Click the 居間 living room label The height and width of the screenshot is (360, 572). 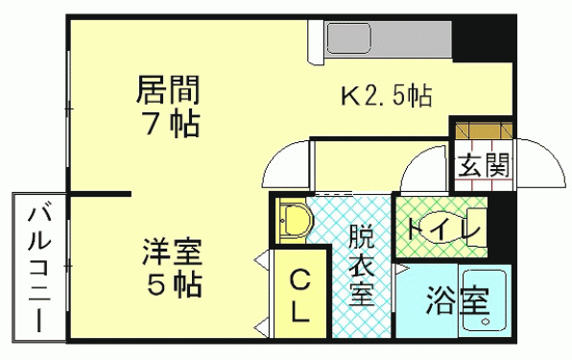click(168, 89)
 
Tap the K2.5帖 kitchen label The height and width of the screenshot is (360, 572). click(387, 96)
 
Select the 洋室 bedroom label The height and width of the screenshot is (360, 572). click(172, 252)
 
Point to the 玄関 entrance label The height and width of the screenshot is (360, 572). click(484, 165)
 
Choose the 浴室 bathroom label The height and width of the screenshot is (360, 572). click(458, 301)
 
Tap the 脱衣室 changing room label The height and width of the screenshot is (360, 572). click(362, 265)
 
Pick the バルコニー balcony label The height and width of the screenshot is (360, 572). click(38, 269)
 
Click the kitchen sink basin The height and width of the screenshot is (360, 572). click(349, 38)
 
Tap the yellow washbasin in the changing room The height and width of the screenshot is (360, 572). click(294, 221)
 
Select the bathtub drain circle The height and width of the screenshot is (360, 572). click(486, 322)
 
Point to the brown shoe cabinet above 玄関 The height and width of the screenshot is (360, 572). click(484, 131)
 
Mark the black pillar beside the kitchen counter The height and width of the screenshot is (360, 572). click(482, 40)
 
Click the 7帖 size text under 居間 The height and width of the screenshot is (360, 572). click(173, 123)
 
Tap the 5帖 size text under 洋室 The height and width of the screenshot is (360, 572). click(175, 284)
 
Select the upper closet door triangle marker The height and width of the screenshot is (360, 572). click(262, 260)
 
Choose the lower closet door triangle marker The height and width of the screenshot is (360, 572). click(262, 324)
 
